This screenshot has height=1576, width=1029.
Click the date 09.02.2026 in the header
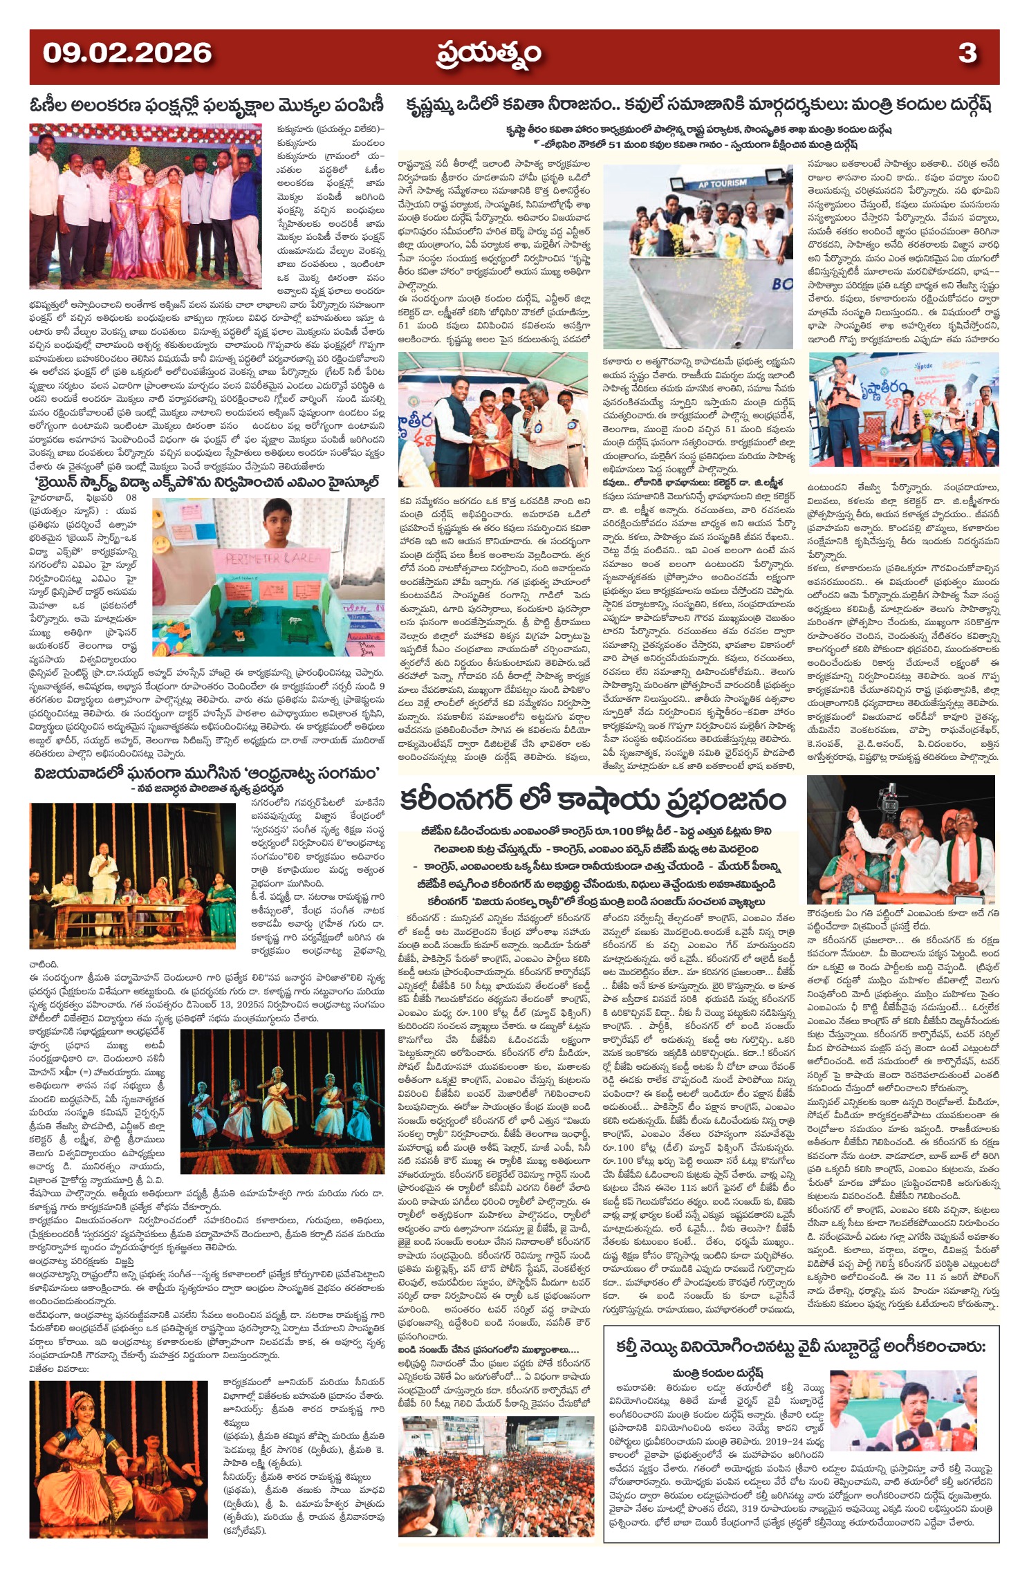(127, 53)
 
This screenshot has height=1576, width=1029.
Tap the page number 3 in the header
(967, 53)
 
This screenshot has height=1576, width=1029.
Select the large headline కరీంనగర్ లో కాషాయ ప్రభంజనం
(593, 800)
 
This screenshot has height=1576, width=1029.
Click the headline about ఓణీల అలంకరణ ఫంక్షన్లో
(206, 106)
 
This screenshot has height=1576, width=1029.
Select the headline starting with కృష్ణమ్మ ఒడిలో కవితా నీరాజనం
(698, 106)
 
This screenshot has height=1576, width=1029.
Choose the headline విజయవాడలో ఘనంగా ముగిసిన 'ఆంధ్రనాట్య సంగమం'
(205, 772)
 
